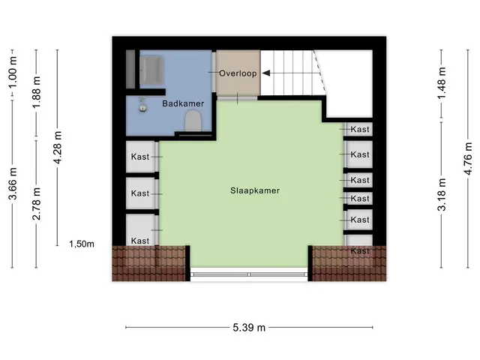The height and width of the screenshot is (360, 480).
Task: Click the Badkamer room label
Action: click(x=183, y=103)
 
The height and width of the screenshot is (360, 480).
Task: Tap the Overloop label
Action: click(x=238, y=73)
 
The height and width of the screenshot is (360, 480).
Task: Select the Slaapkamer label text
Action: click(x=255, y=190)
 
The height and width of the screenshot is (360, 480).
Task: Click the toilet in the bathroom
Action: click(x=193, y=120)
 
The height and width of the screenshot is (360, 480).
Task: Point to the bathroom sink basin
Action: click(x=142, y=108)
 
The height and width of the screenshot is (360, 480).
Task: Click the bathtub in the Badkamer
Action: click(x=151, y=70)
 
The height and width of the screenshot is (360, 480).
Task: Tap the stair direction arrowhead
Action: click(x=266, y=73)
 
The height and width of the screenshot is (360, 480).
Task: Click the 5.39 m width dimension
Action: click(x=249, y=328)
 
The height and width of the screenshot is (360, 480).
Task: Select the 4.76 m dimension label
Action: click(x=468, y=158)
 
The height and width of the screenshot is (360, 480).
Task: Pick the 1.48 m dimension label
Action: click(x=442, y=83)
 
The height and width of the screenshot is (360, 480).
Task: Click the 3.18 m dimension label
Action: click(x=442, y=195)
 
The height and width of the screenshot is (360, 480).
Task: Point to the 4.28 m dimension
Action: click(x=57, y=147)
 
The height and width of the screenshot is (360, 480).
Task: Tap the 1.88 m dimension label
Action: click(x=36, y=92)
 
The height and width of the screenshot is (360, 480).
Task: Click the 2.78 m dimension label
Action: click(x=36, y=203)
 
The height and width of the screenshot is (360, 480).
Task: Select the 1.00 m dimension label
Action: click(x=13, y=72)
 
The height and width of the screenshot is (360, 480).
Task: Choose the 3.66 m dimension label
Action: click(x=13, y=184)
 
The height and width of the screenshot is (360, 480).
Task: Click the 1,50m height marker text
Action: click(x=82, y=244)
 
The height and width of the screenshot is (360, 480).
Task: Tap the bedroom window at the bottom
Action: click(x=249, y=274)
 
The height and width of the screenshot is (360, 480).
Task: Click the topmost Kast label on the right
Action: click(x=360, y=129)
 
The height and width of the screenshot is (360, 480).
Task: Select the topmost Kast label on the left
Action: click(x=140, y=157)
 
